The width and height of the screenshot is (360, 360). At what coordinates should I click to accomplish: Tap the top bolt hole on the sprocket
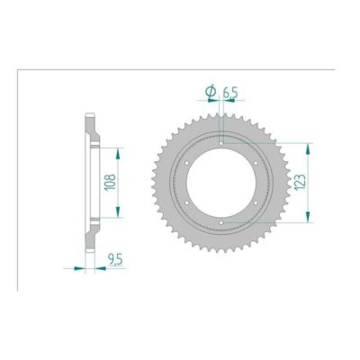pos(221,141)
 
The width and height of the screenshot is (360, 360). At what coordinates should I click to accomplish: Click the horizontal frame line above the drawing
pos(180,68)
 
